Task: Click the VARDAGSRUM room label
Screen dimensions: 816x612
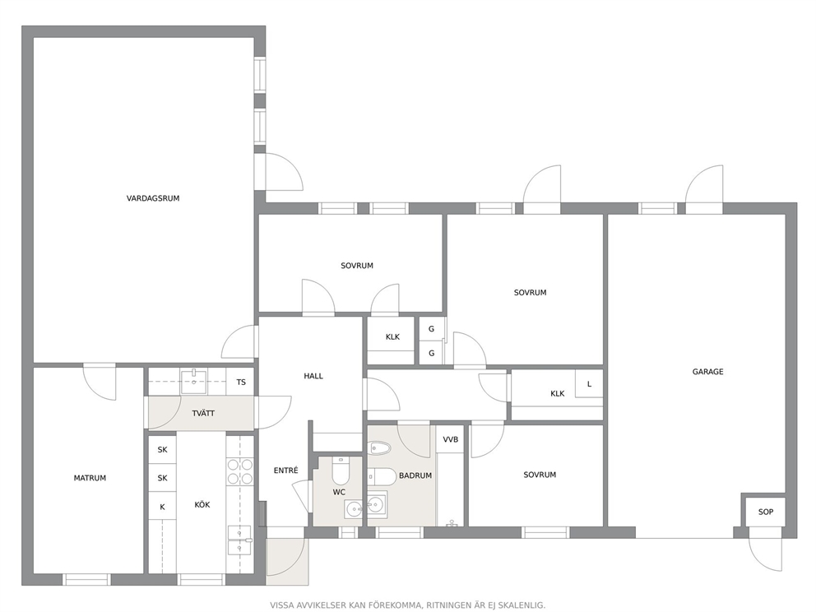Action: point(153,198)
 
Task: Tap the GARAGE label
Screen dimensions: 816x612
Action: point(707,372)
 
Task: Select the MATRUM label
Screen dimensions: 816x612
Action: point(90,478)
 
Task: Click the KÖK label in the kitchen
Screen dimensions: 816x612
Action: point(202,504)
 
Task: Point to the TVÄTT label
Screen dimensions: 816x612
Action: point(203,413)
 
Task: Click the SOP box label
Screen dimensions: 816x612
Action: point(766,512)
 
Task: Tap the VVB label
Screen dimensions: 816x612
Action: point(451,440)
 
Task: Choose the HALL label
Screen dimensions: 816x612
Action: point(313,376)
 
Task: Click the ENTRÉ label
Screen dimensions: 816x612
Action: point(285,471)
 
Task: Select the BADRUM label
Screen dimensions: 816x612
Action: point(415,475)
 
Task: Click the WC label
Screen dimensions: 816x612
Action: point(339,492)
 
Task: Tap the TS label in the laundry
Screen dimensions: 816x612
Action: point(241,382)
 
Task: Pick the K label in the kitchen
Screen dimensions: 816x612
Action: point(162,507)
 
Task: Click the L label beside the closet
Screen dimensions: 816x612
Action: point(589,384)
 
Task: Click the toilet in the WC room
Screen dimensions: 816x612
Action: point(341,471)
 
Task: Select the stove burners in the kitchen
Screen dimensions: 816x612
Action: point(240,471)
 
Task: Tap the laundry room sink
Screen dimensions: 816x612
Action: point(193,382)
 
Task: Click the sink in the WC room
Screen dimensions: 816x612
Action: point(354,509)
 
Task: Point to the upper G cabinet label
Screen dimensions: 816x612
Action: point(431,329)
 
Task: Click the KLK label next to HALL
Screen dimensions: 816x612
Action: point(392,337)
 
